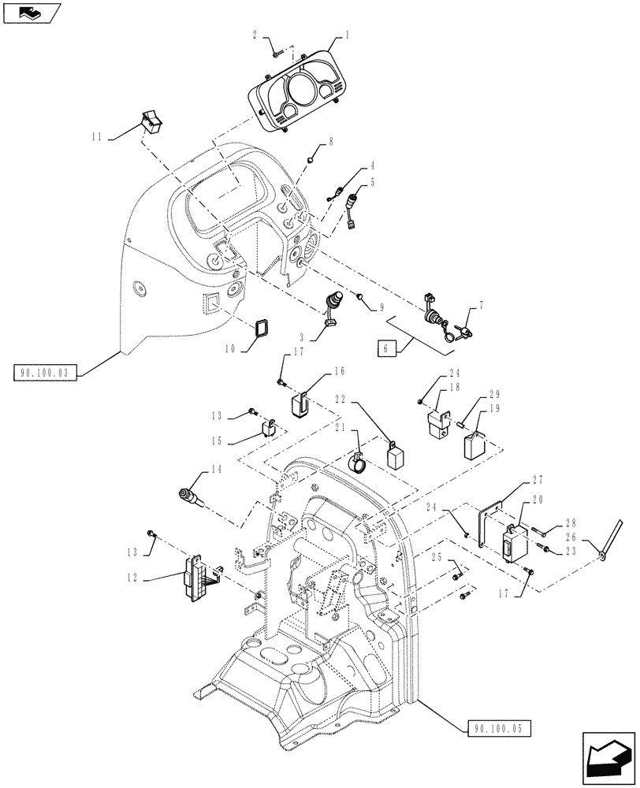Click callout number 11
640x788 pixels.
click(x=97, y=137)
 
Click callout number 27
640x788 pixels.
click(x=538, y=480)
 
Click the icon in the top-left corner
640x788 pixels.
click(x=31, y=12)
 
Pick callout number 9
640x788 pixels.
click(x=381, y=307)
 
